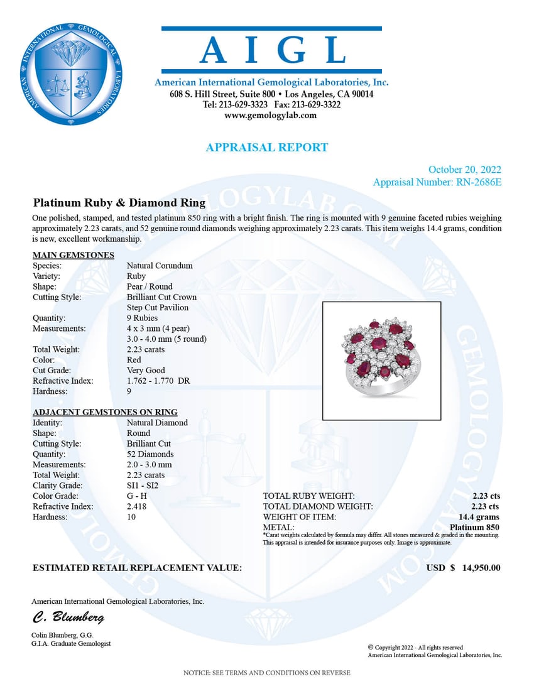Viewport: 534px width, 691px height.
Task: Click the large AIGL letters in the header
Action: click(x=271, y=50)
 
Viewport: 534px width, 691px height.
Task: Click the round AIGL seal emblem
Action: click(x=70, y=73)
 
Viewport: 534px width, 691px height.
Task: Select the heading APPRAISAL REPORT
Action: click(x=267, y=148)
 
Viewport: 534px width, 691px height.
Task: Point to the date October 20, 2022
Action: click(x=464, y=170)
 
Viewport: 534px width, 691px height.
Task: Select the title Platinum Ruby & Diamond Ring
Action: click(x=119, y=203)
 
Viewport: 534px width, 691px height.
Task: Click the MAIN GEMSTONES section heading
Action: click(x=73, y=255)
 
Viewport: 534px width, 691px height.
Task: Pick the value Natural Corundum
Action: click(x=160, y=266)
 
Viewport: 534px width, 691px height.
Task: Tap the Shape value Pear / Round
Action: click(x=150, y=286)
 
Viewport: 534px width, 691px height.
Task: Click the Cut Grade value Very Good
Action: click(x=146, y=371)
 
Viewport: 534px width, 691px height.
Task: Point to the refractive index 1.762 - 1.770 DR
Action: click(x=158, y=381)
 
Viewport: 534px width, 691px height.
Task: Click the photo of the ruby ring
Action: click(x=381, y=361)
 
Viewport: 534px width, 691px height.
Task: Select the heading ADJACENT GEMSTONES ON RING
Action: click(x=105, y=412)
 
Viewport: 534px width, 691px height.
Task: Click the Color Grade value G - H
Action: click(x=137, y=496)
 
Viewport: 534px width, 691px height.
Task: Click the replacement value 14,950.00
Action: click(x=481, y=568)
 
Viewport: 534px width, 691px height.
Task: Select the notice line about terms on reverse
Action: click(x=266, y=673)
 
